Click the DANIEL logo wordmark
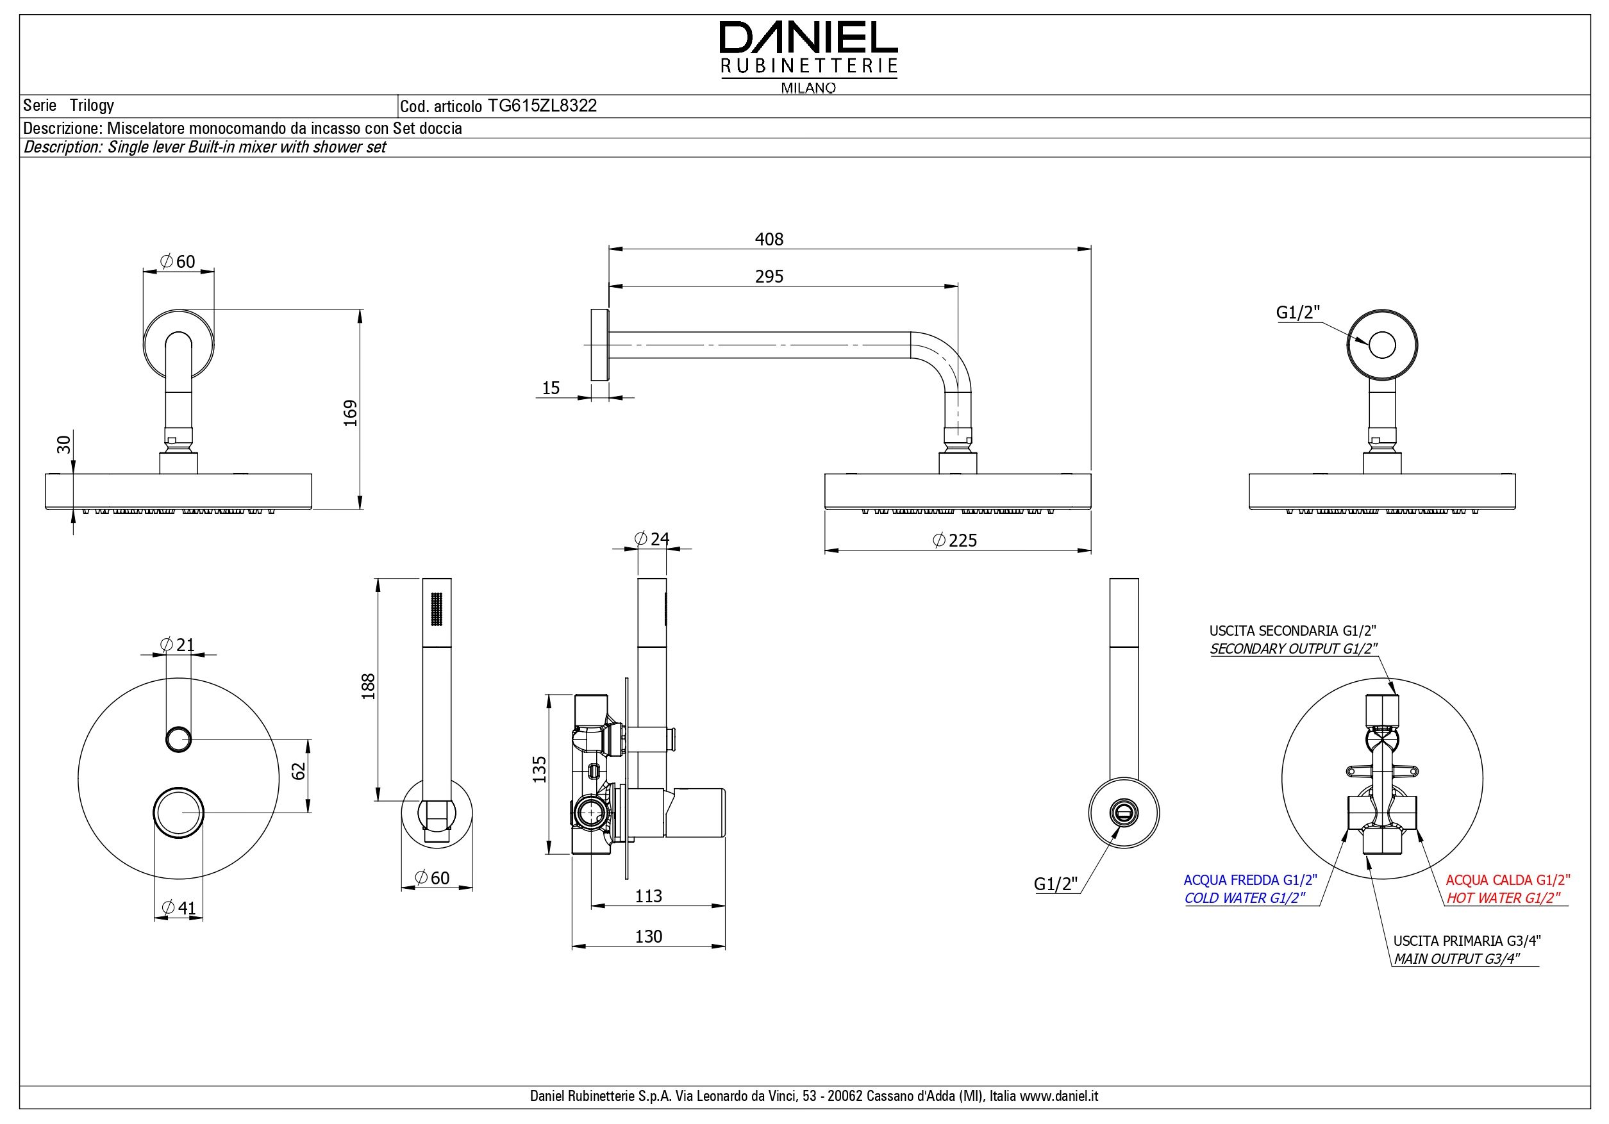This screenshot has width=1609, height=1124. coord(808,38)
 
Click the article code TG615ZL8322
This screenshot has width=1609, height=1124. coord(542,106)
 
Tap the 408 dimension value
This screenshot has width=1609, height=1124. coord(769,240)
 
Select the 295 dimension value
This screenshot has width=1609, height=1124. coord(769,277)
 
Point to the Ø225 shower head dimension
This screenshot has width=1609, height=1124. coord(955,540)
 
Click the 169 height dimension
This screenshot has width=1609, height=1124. coord(351,413)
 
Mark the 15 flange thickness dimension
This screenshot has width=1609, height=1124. coord(551,388)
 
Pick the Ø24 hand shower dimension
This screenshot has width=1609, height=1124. coord(651,539)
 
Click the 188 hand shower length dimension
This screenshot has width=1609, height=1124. coord(369,687)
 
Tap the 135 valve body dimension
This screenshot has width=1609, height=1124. coord(539,770)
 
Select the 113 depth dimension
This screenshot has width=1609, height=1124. coord(648,897)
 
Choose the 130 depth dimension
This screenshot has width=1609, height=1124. coord(648,937)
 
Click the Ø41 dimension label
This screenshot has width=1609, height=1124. coord(178,908)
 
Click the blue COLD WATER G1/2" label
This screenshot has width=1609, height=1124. coord(1245,898)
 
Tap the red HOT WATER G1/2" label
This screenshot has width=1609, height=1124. coord(1503,898)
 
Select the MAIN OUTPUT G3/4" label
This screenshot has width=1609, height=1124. coord(1456,959)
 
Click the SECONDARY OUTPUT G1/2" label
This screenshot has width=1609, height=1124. coord(1294,649)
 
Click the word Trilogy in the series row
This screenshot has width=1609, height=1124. coord(92,106)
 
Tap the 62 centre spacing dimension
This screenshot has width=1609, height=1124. coord(299,772)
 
